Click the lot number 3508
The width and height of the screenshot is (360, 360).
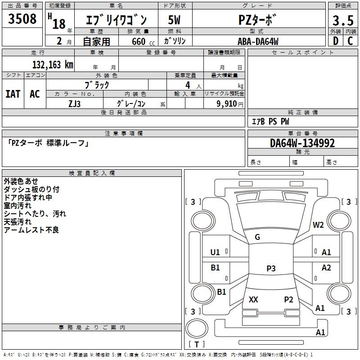tap(22, 18)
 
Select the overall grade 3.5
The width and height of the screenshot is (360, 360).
tap(343, 20)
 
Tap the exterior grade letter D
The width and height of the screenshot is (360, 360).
tap(336, 41)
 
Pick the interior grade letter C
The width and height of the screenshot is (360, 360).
tap(350, 41)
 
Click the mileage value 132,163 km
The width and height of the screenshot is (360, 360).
tap(53, 65)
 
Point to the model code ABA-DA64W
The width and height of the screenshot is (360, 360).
tap(258, 41)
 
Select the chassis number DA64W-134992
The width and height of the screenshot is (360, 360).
tap(302, 143)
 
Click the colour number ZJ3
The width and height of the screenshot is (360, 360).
tap(74, 104)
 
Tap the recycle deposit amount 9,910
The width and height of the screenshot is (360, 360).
tap(227, 103)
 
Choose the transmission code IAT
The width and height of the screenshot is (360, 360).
tap(13, 94)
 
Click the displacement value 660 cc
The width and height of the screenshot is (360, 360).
tap(143, 41)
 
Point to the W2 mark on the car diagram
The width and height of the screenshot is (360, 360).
tap(318, 225)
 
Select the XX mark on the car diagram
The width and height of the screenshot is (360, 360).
tap(253, 299)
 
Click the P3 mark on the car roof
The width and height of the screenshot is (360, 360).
tap(271, 268)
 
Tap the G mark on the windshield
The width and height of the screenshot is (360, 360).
tap(257, 237)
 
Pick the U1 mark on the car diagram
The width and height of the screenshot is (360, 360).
tap(215, 252)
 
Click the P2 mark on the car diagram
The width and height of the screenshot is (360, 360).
tap(288, 299)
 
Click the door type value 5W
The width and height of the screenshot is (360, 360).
tap(174, 20)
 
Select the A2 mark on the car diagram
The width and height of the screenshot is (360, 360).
tap(326, 267)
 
